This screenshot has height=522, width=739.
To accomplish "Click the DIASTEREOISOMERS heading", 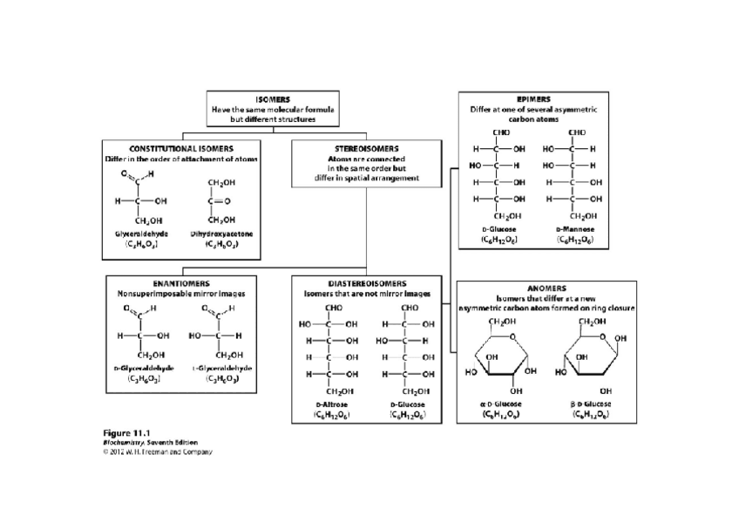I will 367,283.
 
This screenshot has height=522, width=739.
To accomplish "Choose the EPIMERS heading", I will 533,99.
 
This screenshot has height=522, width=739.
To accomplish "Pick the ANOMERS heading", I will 546,288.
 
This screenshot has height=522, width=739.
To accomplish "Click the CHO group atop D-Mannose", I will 577,132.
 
